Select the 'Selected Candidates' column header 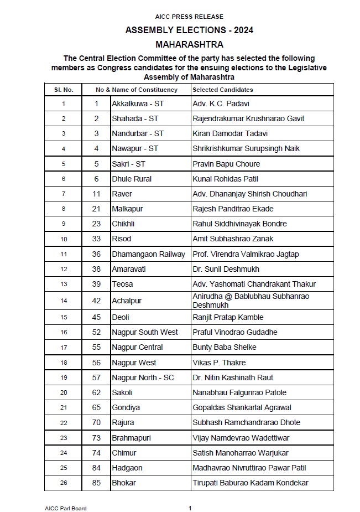222,90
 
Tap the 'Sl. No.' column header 63,90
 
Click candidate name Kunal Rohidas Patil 225,179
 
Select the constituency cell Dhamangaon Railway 149,254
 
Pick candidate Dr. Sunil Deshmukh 226,269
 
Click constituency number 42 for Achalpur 97,301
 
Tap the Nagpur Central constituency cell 137,347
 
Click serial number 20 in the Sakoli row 64,392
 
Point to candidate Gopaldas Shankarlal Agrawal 242,407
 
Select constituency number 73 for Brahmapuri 97,438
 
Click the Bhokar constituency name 124,483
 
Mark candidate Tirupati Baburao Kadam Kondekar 250,483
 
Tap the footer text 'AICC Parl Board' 66,508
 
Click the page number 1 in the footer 190,508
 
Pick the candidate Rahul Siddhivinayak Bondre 239,224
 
